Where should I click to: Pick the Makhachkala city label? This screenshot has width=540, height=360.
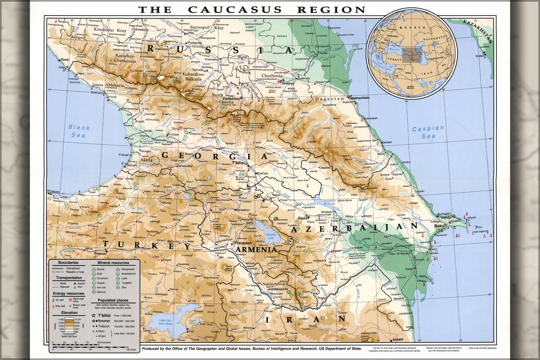coord(360,98)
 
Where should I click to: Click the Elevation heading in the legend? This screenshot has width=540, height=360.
coord(69,313)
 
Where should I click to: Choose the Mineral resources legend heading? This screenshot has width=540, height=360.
coord(113,263)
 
